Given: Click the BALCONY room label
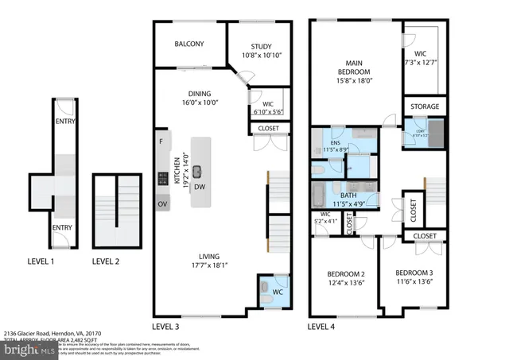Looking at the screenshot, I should tap(189, 44).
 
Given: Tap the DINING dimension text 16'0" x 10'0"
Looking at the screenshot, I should tap(200, 103).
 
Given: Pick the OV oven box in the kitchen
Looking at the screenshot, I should tap(161, 204).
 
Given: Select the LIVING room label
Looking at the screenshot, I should tap(210, 256).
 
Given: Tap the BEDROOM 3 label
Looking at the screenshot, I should tap(414, 272).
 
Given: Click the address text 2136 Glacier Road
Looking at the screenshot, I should tap(32, 334).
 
